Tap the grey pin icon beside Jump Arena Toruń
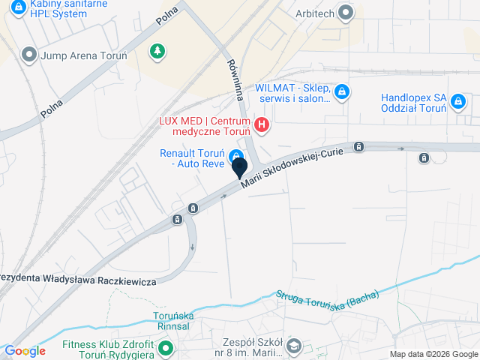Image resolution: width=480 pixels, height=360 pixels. pyautogui.click(x=30, y=55)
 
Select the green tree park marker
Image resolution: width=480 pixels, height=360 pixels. pyautogui.click(x=157, y=51)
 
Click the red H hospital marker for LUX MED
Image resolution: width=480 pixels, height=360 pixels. pyautogui.click(x=262, y=124)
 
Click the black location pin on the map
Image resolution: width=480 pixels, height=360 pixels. pyautogui.click(x=240, y=167)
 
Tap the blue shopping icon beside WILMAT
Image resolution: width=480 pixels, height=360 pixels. pyautogui.click(x=341, y=92)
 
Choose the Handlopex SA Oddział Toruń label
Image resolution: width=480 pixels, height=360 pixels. pyautogui.click(x=413, y=102)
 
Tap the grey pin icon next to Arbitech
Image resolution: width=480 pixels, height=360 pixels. pyautogui.click(x=345, y=12)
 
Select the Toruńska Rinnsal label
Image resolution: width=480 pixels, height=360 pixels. pyautogui.click(x=173, y=321)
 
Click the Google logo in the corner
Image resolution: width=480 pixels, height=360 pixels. pyautogui.click(x=25, y=351)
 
